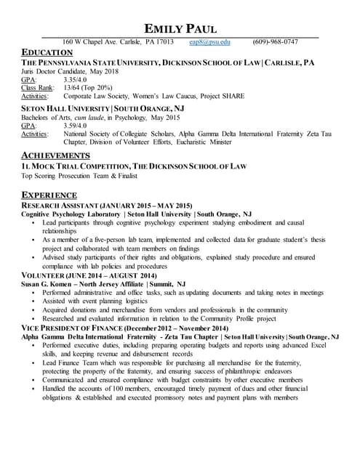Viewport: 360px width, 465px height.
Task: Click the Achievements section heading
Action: pyautogui.click(x=56, y=156)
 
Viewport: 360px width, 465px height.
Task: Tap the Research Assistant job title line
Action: pyautogui.click(x=107, y=206)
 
